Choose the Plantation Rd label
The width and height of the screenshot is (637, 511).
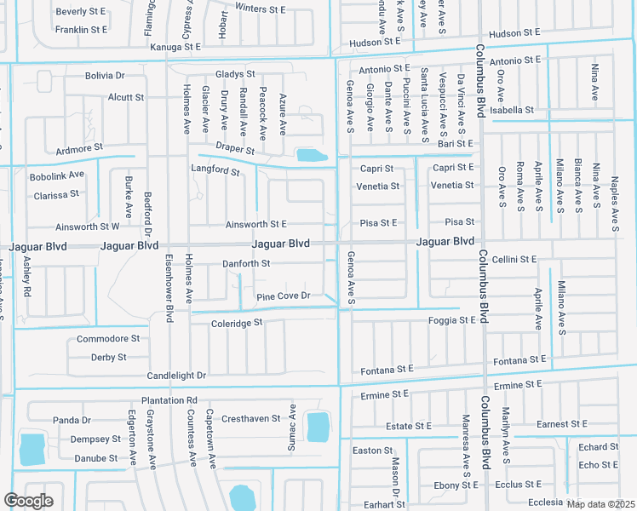click(x=169, y=400)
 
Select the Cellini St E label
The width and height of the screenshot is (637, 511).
click(x=514, y=259)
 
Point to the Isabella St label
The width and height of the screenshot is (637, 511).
click(x=511, y=110)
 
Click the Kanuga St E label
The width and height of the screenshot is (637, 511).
click(x=175, y=47)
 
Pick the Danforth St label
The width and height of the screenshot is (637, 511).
click(x=246, y=264)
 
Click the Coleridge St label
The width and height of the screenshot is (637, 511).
click(x=237, y=324)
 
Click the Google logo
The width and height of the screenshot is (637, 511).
click(x=28, y=501)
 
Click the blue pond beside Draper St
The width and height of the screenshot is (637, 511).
click(x=311, y=156)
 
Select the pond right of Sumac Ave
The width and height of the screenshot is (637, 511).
click(x=318, y=427)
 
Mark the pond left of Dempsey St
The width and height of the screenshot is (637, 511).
click(x=32, y=447)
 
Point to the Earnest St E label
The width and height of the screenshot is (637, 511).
click(x=562, y=424)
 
